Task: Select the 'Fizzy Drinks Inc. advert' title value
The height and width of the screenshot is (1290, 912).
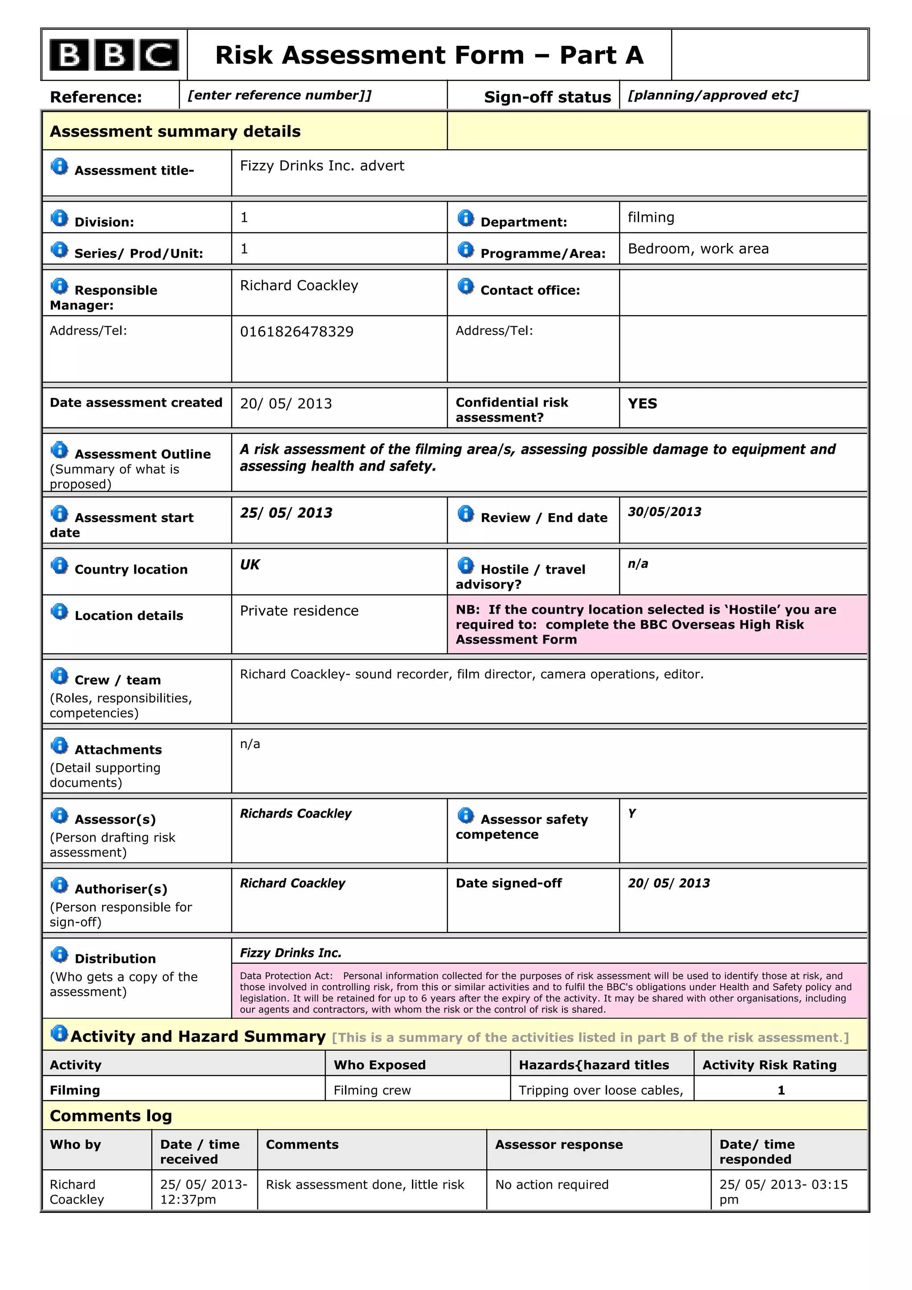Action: [x=322, y=166]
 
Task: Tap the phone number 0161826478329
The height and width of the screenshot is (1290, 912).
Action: [x=297, y=331]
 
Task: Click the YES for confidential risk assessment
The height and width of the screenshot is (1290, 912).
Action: [x=642, y=403]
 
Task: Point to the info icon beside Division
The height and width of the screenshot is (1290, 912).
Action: [x=59, y=218]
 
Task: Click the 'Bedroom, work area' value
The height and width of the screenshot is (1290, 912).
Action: [x=698, y=249]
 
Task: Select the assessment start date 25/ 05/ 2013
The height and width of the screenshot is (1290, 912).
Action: [x=286, y=513]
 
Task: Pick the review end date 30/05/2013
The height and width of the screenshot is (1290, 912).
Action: [x=664, y=512]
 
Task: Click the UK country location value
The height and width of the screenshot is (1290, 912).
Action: [x=250, y=565]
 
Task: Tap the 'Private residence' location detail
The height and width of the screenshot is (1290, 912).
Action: [x=299, y=611]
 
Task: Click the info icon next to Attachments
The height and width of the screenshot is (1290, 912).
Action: [x=59, y=745]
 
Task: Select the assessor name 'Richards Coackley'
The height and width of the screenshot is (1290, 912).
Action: [x=296, y=814]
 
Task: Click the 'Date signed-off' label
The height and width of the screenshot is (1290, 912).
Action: [x=509, y=883]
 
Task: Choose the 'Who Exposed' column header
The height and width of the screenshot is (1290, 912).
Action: [x=380, y=1065]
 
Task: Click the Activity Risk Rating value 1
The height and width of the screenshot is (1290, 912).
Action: [x=781, y=1090]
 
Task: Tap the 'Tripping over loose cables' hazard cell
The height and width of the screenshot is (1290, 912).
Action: [x=601, y=1090]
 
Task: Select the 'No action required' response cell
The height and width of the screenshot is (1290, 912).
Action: [x=552, y=1184]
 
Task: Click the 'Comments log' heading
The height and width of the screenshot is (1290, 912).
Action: [x=111, y=1115]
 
